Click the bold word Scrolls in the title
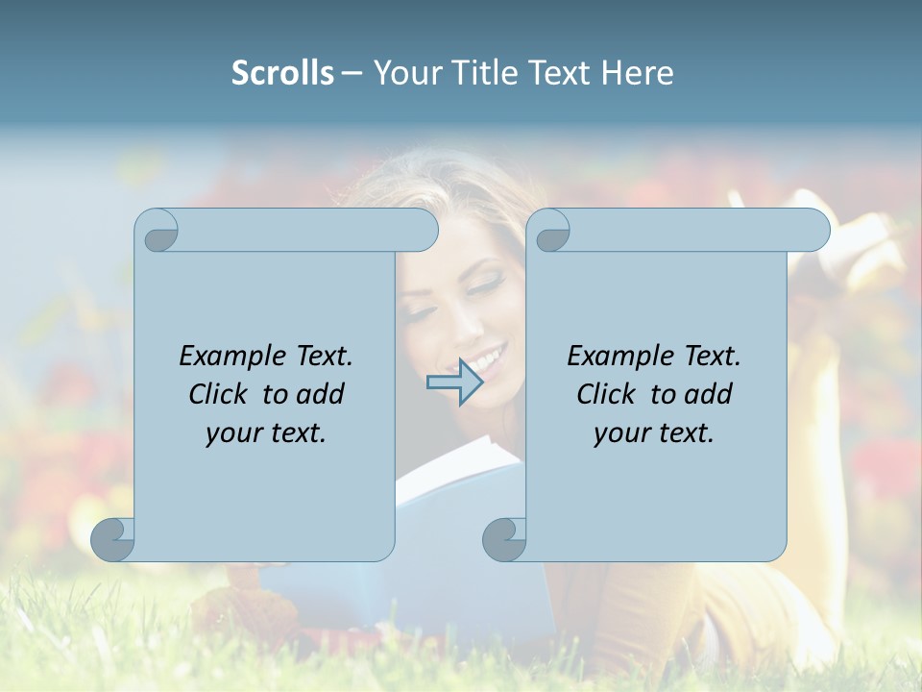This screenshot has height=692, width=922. [282, 73]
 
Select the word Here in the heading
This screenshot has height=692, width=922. [638, 73]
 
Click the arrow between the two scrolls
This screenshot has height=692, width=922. [455, 383]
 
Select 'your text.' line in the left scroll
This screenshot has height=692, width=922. [266, 433]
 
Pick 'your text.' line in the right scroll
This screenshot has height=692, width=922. [654, 433]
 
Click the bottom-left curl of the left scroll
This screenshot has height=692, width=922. [112, 539]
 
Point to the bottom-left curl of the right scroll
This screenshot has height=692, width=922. [503, 539]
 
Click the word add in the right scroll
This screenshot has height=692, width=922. [706, 394]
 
